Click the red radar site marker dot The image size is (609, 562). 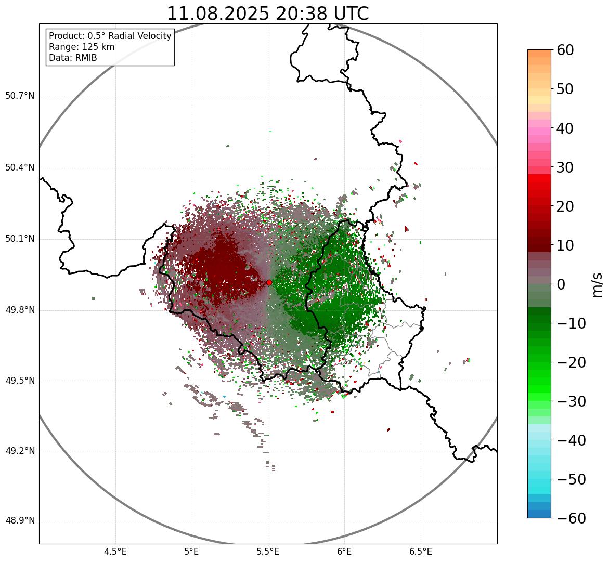(269, 282)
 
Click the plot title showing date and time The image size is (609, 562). (267, 14)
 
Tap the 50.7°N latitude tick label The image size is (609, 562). (20, 96)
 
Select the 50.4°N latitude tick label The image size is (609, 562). (20, 168)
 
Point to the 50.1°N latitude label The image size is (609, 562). (20, 239)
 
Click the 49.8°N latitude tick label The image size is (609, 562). (20, 310)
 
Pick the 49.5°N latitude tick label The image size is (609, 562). (20, 381)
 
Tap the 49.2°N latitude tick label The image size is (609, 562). (20, 451)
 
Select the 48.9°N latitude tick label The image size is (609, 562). (20, 521)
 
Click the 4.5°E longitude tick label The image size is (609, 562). (115, 552)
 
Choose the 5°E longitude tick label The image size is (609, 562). (192, 552)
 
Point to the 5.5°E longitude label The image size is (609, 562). (268, 552)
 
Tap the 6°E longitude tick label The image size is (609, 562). (344, 552)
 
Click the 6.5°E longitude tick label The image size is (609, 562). (420, 552)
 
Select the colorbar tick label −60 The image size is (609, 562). (571, 518)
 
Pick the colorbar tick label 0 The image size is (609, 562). (561, 284)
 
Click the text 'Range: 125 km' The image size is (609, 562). (82, 47)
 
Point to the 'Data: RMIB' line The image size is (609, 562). (73, 58)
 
